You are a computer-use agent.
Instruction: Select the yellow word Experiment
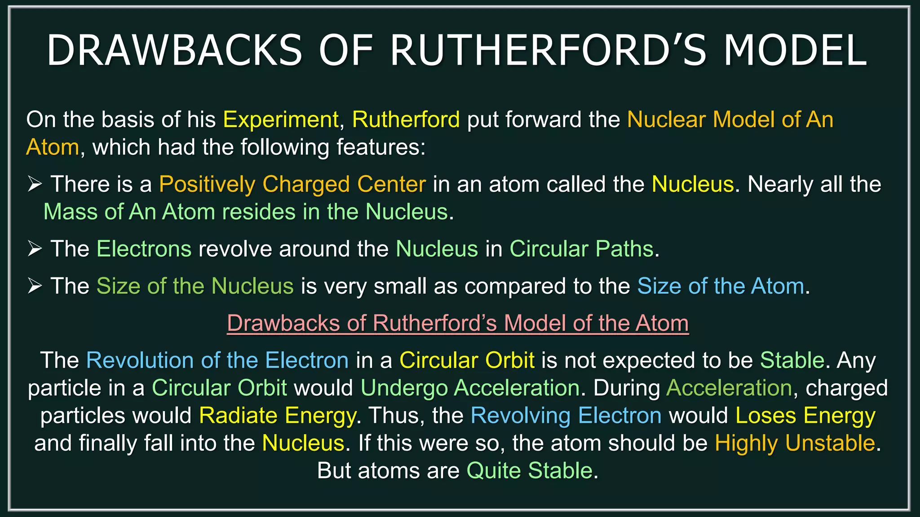coord(281,120)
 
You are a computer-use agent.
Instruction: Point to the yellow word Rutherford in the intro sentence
coord(406,120)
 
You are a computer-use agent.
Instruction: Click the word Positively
coord(207,184)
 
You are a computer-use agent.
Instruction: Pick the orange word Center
coord(391,184)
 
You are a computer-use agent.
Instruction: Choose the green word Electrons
coord(144,249)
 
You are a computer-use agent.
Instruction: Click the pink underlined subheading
coord(457,323)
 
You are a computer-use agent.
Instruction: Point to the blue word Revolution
coord(140,360)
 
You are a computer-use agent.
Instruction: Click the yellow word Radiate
coord(238,416)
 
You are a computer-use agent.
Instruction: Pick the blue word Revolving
coord(521,416)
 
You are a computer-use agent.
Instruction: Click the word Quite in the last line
coord(493,471)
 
